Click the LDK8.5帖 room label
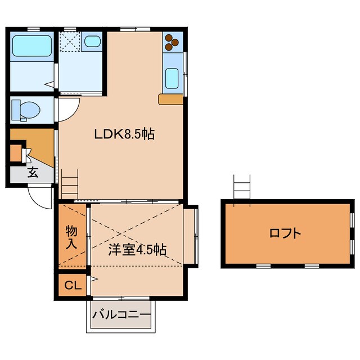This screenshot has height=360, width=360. [x=124, y=134]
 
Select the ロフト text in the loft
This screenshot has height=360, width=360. [x=286, y=232]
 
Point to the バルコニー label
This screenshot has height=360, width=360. [x=121, y=314]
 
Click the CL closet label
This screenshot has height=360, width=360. [x=72, y=285]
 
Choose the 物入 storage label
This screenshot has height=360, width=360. [x=71, y=237]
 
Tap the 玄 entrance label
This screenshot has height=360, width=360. [x=33, y=173]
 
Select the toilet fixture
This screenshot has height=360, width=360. [x=26, y=109]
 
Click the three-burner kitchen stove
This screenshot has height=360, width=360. [x=172, y=41]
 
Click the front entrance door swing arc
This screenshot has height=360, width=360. [x=39, y=196]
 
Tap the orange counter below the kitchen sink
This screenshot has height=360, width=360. [x=171, y=100]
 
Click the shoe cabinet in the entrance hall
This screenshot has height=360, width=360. [x=15, y=154]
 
